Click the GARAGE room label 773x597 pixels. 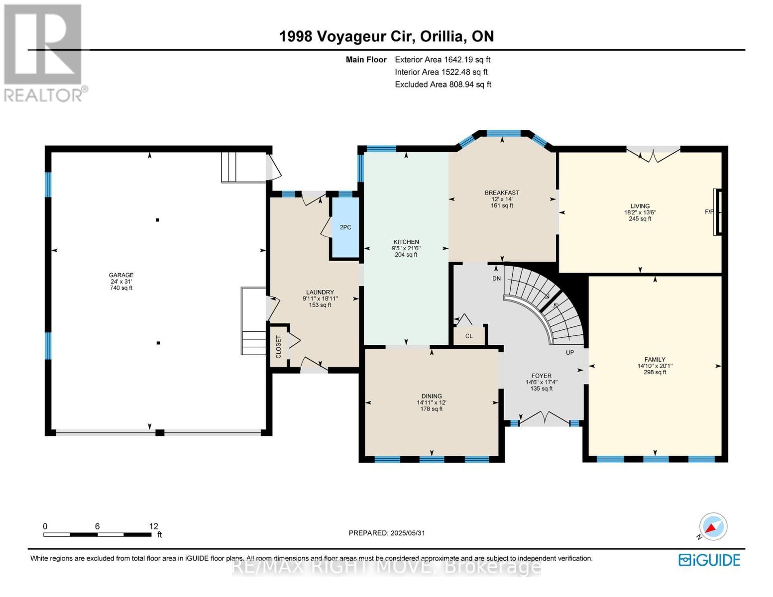coord(121,275)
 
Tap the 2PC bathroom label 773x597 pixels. coord(345,227)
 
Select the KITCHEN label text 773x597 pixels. coord(406,242)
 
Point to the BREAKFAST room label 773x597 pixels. coord(502,193)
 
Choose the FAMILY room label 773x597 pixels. coord(655,360)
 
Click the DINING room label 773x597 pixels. coord(431,397)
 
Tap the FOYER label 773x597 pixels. coord(541,376)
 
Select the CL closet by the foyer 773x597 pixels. coord(469,336)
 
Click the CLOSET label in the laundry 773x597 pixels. coord(279,347)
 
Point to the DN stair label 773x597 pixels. coord(496,279)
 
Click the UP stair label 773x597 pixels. coord(570,353)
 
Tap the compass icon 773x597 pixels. coord(713,527)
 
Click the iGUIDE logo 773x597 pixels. coord(709,560)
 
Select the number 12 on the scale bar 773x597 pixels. coord(153,526)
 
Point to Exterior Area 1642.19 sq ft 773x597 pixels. coord(442,60)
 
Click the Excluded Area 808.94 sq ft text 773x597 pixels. coord(443,85)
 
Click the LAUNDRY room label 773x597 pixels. coord(320,293)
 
